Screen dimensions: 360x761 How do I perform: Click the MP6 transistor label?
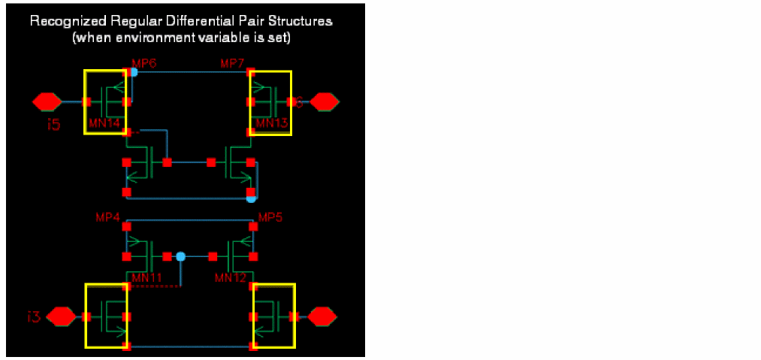point(144,63)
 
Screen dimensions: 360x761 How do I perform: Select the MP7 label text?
point(232,63)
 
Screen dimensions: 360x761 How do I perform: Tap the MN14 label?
point(104,123)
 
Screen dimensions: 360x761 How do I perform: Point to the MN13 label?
point(271,123)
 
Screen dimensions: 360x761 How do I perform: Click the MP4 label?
point(108,218)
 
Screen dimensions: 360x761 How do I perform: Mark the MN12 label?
point(230,278)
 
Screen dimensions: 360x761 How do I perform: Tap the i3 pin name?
point(33,317)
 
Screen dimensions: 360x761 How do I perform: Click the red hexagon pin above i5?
point(47,101)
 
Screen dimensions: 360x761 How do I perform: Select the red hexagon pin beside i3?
point(62,317)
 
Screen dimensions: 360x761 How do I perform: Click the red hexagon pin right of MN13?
point(325,101)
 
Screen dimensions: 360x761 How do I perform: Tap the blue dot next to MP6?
point(133,72)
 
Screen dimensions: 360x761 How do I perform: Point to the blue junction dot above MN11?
point(180,256)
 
